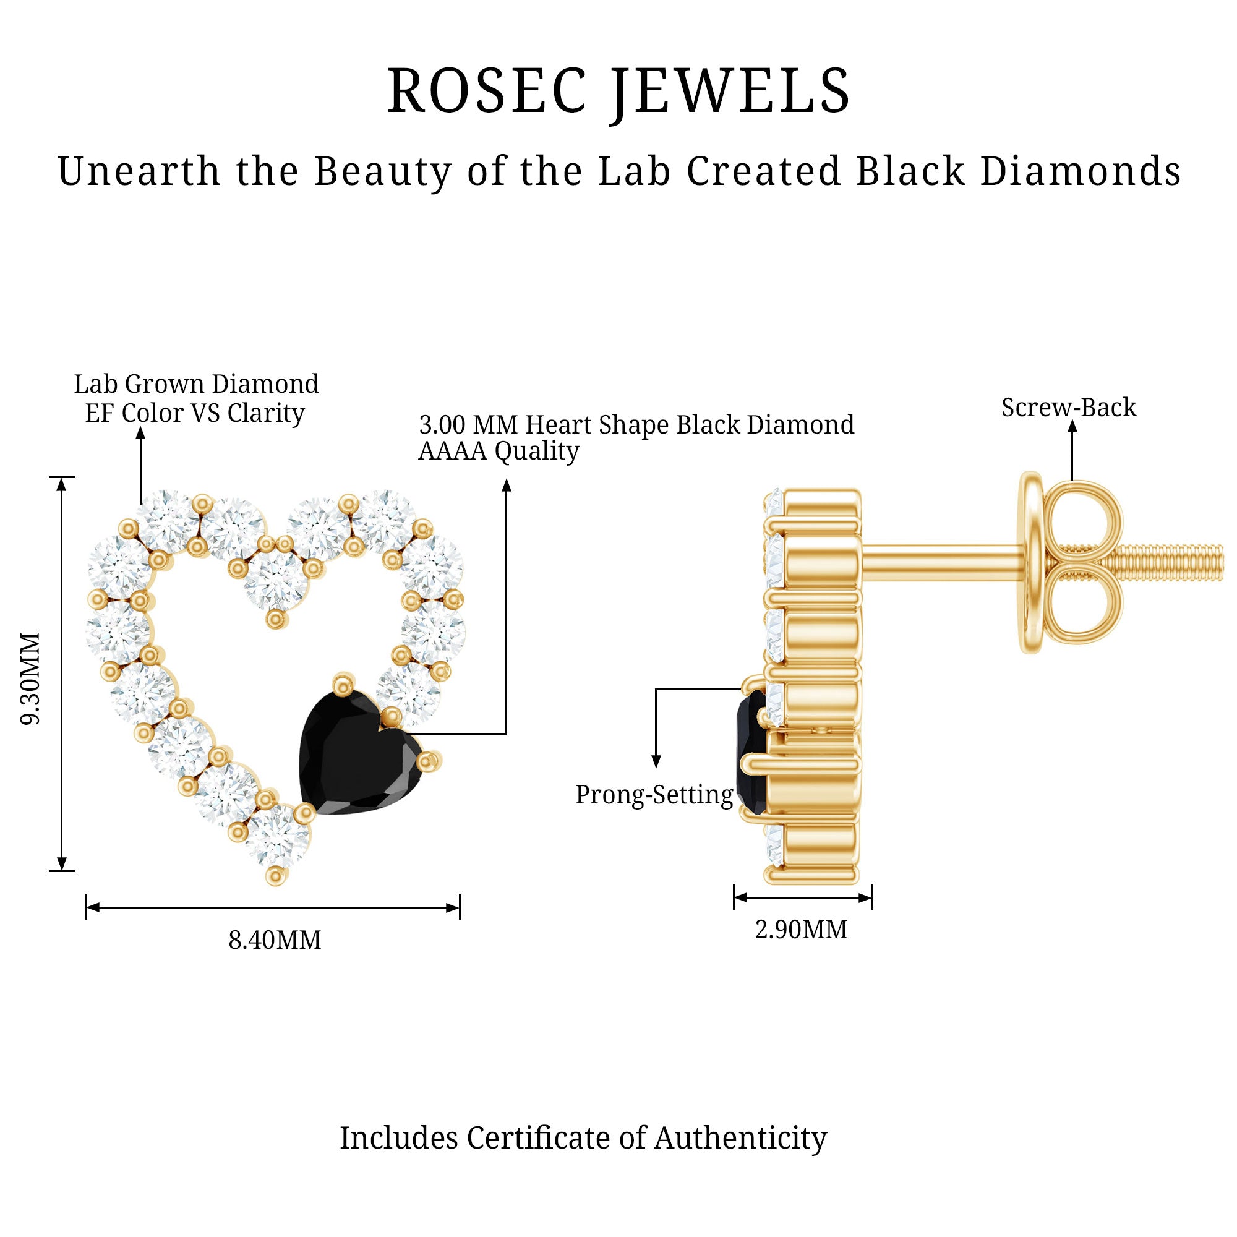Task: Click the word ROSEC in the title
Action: pyautogui.click(x=487, y=92)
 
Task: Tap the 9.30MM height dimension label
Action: pyautogui.click(x=31, y=678)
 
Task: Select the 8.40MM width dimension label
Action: pyautogui.click(x=275, y=941)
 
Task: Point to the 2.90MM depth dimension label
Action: pyautogui.click(x=801, y=930)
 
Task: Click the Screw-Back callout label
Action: pyautogui.click(x=1069, y=408)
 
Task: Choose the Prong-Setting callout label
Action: pyautogui.click(x=654, y=795)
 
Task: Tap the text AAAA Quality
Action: pyautogui.click(x=498, y=452)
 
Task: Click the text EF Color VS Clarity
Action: pyautogui.click(x=195, y=413)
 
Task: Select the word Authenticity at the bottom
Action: pyautogui.click(x=740, y=1139)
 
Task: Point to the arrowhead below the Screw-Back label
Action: pyautogui.click(x=1072, y=426)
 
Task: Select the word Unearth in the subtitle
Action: pyautogui.click(x=139, y=171)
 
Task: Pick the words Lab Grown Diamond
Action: pyautogui.click(x=196, y=384)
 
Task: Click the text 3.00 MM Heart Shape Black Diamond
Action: pyautogui.click(x=636, y=425)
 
